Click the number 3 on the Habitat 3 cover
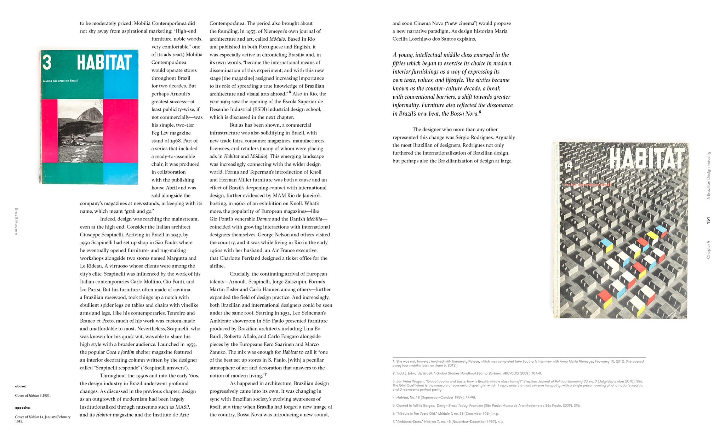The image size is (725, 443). [x=47, y=62]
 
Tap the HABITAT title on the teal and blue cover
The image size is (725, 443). [x=104, y=63]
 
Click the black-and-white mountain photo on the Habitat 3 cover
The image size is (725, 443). [x=80, y=131]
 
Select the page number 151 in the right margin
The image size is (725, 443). [x=708, y=220]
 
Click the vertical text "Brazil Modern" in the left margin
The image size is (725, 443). [x=16, y=221]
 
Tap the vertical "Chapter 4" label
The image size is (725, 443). [x=708, y=249]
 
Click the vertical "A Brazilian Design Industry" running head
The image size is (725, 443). [x=708, y=175]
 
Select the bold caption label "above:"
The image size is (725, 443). [x=21, y=386]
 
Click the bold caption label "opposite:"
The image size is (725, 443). [x=23, y=408]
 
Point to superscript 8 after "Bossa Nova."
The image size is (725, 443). [x=480, y=112]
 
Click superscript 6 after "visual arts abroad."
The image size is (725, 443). [x=290, y=92]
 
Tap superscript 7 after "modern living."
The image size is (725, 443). [x=266, y=374]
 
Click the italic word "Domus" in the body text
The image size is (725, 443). [x=263, y=219]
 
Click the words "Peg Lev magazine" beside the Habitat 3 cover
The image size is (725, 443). [x=171, y=133]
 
